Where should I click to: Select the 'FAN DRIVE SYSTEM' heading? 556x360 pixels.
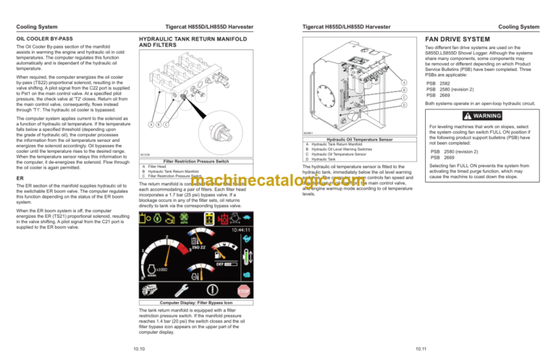coord(457,38)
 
